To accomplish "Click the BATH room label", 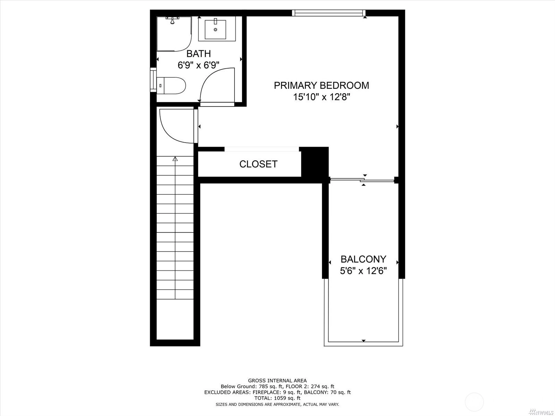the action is pos(198,53).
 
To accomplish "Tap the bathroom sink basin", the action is pos(215,30).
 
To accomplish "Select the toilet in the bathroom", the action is pos(171,86).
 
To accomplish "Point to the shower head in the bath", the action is pos(172,20).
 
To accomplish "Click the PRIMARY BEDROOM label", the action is pos(321,85).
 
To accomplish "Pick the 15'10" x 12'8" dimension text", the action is pos(321,97).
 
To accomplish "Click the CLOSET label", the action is pos(258,164).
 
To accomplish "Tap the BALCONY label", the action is pos(363,259).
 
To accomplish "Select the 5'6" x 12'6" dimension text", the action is pos(363,271).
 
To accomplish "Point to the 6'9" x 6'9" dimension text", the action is pos(198,65).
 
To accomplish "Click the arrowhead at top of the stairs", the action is pos(175,159).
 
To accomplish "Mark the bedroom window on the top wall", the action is pos(329,13).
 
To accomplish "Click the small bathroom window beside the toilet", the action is pos(153,80).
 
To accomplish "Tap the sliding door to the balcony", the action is pos(362,180).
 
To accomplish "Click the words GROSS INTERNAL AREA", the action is pos(277,380).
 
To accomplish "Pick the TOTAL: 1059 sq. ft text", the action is pos(277,398).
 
